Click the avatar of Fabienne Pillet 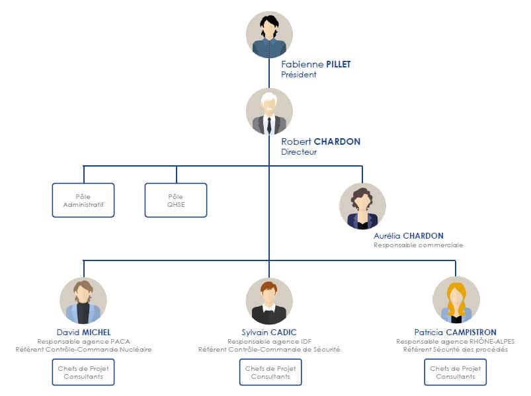coord(269,34)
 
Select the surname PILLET coord(339,64)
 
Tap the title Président coord(298,75)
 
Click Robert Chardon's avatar coord(269,112)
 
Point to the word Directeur coord(299,152)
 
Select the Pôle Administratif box coord(83,200)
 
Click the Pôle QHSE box coord(176,200)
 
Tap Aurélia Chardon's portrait coord(362,206)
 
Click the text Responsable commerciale coord(418,245)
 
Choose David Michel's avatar coord(83,301)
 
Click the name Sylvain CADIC coord(269,333)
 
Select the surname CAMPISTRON coord(471,333)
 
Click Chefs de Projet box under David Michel coord(83,372)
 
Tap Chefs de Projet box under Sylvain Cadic coord(270,372)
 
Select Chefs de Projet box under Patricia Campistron coord(456,372)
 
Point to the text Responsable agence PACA coord(83,342)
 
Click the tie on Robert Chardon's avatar coord(269,125)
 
